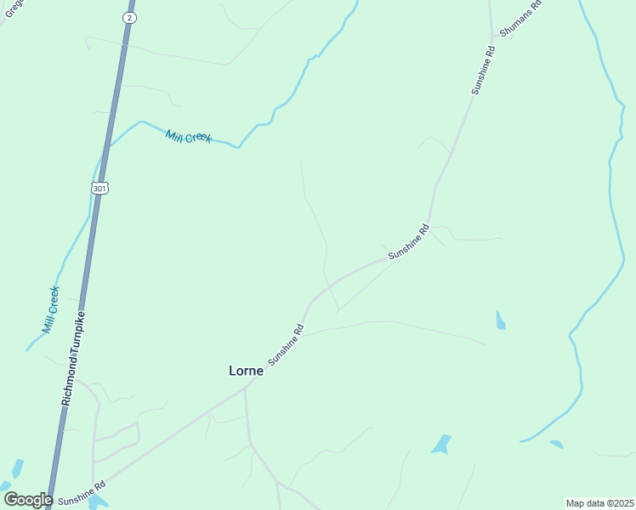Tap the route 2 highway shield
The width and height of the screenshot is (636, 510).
point(128,17)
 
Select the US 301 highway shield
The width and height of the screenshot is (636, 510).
point(100,188)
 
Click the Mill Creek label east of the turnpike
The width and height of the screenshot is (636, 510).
point(189,137)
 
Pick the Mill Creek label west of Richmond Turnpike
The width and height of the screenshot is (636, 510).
point(51,309)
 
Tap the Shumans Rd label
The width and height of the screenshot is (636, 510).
point(520,17)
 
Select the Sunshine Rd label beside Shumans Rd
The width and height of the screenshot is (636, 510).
point(484,70)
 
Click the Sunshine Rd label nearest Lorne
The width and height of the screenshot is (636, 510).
point(287,345)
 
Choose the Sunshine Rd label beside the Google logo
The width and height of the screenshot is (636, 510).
point(82,490)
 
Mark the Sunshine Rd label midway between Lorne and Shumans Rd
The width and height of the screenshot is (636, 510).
point(410,242)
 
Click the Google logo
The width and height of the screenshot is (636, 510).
point(28,499)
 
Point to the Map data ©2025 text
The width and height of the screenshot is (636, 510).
point(599,503)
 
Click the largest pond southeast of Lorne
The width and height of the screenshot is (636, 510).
point(441,444)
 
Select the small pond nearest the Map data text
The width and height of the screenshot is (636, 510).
point(557,444)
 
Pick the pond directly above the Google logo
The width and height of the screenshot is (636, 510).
point(17,468)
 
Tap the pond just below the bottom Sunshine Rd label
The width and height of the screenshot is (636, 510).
point(96,501)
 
